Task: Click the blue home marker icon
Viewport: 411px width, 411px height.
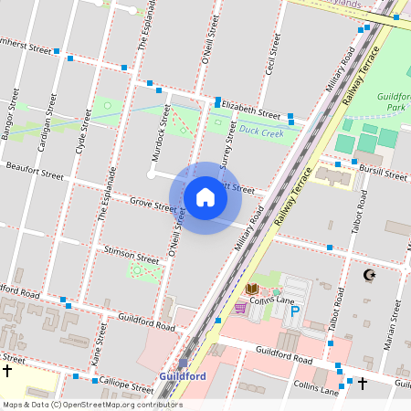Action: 205,196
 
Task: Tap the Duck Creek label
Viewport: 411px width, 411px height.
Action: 261,132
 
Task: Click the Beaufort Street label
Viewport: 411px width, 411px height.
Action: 33,171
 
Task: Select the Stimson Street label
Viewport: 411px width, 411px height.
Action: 132,253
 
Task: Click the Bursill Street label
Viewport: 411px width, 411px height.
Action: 384,171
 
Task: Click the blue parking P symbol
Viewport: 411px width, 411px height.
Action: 294,311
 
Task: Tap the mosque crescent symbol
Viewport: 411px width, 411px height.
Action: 369,274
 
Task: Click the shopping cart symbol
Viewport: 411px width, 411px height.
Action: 240,308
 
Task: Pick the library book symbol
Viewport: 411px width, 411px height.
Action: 252,290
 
